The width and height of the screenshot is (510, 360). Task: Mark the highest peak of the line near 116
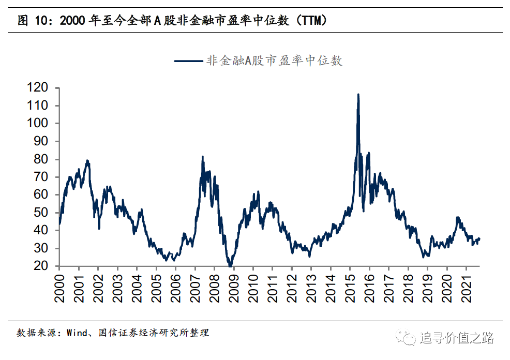pos(358,94)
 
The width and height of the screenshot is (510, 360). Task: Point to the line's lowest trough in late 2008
pos(230,266)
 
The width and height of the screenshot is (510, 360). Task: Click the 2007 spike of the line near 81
pos(202,156)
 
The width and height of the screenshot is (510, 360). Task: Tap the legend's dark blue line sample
pos(189,61)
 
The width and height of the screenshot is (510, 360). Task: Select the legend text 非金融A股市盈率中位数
pos(274,61)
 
